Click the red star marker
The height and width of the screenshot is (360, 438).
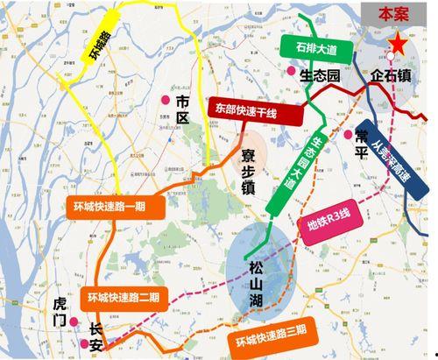pyautogui.click(x=399, y=43)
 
